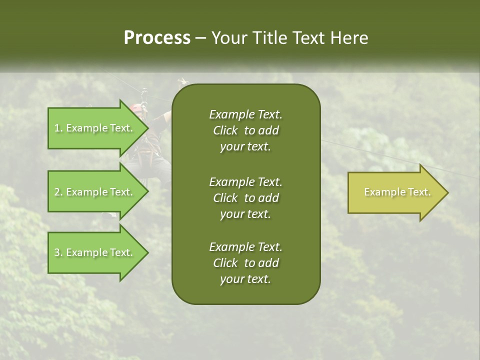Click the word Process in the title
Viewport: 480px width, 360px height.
[157, 38]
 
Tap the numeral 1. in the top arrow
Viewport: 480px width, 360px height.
[58, 128]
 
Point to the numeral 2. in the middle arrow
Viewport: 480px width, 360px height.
[58, 192]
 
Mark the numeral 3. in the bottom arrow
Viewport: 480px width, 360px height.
[58, 252]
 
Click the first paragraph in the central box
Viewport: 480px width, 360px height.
[245, 130]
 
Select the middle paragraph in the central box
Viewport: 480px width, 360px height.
[245, 198]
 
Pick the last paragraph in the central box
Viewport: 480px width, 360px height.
[245, 263]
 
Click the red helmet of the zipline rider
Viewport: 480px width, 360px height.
[136, 107]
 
